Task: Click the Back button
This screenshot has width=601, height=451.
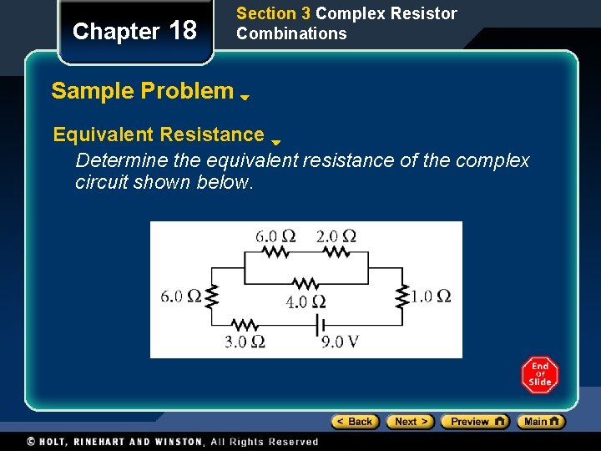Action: coord(355,422)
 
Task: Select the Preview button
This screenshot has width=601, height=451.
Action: coord(474,422)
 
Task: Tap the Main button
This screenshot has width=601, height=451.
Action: coord(540,422)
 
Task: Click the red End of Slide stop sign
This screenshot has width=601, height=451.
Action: coord(539,375)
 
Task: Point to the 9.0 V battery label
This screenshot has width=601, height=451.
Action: coord(339,341)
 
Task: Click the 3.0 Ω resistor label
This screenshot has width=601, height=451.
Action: coord(245,341)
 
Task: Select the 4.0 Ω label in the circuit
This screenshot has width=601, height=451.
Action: coord(306,302)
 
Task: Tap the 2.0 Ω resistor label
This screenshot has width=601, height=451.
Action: coord(336,236)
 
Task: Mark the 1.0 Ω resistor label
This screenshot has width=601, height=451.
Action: coord(431,296)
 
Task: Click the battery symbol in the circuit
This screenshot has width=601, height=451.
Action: coord(316,324)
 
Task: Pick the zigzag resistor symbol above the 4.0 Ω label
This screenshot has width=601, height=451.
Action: coord(306,284)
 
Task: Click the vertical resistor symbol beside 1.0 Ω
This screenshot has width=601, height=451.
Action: coord(404,295)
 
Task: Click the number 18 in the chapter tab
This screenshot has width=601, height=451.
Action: coord(183,32)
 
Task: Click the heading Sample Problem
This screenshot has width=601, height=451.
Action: coord(142,91)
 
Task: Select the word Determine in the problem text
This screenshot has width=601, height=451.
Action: coord(115,160)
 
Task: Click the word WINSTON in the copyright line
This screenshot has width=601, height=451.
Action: coord(177,442)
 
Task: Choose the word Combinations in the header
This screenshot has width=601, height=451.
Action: coord(291,33)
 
